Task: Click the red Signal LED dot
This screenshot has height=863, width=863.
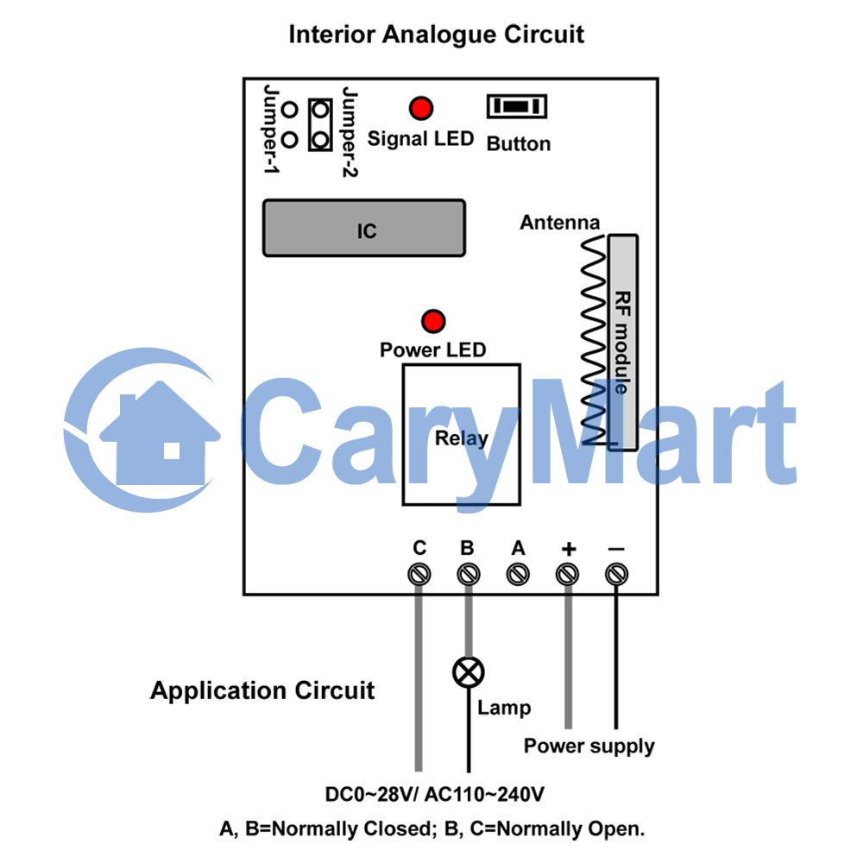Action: (421, 109)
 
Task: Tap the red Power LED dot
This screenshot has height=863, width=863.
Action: (433, 321)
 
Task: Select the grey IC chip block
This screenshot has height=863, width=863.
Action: (364, 229)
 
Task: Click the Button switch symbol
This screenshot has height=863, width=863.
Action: (517, 106)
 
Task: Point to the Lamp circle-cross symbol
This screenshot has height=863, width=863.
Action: (469, 672)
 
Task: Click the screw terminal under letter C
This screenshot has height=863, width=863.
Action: (419, 575)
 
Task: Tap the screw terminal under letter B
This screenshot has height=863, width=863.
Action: (469, 575)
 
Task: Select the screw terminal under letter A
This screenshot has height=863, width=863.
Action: (518, 575)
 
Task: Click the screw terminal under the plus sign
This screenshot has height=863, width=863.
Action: (568, 575)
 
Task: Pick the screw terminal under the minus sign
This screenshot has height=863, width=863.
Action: (616, 575)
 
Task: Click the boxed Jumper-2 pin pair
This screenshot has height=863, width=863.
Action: (320, 125)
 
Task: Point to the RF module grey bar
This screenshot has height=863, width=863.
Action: (623, 343)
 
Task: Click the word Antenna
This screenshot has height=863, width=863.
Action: (560, 223)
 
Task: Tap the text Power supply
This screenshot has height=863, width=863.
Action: (589, 746)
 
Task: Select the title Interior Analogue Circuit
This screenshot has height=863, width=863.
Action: (436, 35)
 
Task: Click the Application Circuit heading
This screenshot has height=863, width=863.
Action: (262, 690)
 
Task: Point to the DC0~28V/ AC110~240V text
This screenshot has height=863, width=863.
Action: (434, 794)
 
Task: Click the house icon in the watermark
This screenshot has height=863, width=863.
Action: (160, 435)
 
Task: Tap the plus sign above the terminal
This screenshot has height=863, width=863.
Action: (569, 549)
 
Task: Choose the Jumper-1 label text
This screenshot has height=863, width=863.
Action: (271, 129)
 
